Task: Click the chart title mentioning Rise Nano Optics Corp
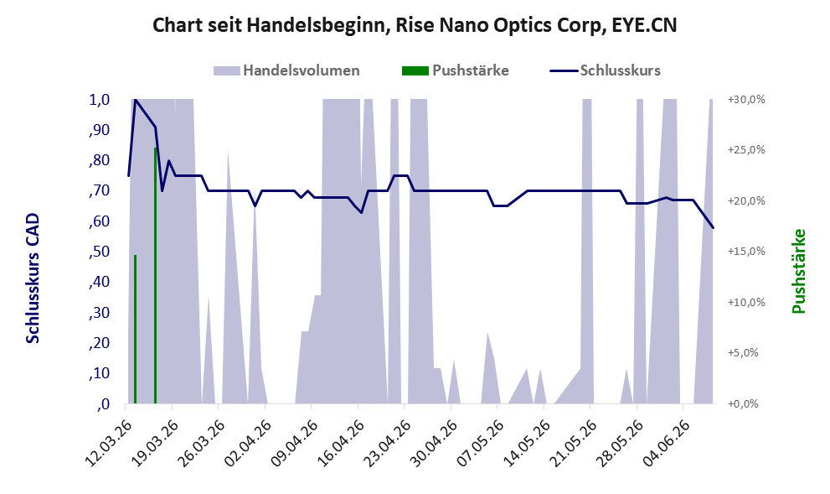[415, 25]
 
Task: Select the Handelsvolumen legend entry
[286, 70]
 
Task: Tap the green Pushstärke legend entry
[456, 70]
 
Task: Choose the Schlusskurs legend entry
[605, 70]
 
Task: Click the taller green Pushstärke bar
[155, 276]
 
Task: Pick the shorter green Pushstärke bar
[135, 329]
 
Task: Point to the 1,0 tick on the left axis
[100, 100]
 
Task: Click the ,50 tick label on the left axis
[100, 252]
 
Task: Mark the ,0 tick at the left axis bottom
[103, 404]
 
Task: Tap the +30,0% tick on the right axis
[746, 100]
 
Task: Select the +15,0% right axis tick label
[746, 252]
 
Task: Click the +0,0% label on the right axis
[743, 404]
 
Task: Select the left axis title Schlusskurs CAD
[33, 278]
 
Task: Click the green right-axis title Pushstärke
[798, 271]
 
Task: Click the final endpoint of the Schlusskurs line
[713, 228]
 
